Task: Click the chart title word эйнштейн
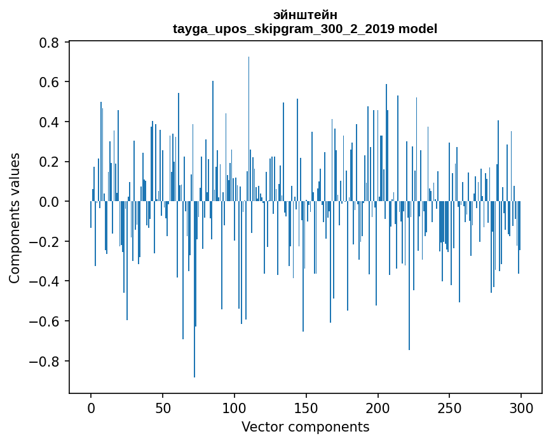point(305,15)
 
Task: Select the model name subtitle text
point(305,29)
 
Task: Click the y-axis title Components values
point(15,218)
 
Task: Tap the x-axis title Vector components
point(305,426)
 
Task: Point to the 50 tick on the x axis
point(163,407)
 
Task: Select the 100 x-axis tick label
point(235,407)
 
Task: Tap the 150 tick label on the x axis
point(306,407)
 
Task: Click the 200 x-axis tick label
point(378,407)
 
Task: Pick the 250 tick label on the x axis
point(450,407)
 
